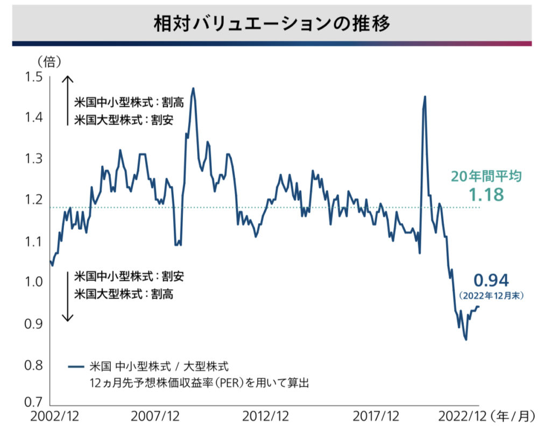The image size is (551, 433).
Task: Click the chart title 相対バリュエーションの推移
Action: point(275,24)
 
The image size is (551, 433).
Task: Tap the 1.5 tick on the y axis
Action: point(33,77)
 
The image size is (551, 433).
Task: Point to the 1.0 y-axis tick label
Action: point(33,282)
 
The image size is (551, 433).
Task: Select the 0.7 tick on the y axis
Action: point(33,402)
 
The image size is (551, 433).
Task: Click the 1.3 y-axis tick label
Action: point(33,159)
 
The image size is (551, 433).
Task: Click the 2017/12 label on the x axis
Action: point(377,416)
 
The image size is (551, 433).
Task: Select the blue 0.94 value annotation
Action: point(491,281)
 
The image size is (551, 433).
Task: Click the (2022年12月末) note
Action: point(491,295)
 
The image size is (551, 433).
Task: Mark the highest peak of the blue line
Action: point(193,88)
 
